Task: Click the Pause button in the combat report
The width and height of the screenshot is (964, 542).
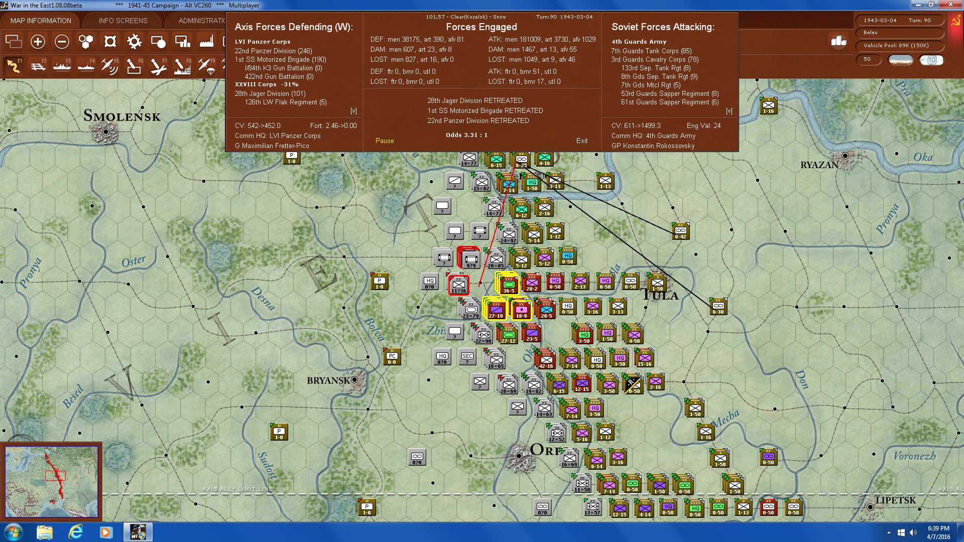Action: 385,141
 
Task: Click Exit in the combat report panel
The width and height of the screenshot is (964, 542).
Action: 582,141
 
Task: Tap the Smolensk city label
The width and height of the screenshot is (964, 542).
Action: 122,116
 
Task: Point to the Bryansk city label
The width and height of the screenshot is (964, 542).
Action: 328,380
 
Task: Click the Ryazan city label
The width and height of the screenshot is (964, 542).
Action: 819,165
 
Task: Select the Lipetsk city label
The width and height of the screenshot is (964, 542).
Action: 896,500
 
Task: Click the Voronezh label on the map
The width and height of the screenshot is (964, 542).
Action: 914,456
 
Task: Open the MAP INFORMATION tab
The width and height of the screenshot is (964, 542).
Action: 41,21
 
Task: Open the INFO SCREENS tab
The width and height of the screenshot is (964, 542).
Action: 123,21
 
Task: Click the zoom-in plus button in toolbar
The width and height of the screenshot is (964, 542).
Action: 38,42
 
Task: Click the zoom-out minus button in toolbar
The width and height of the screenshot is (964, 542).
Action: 62,42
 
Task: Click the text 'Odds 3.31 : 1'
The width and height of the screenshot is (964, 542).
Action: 466,135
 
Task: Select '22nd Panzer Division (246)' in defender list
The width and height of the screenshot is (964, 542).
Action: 273,51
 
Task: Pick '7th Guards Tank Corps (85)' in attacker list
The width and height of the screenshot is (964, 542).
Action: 651,51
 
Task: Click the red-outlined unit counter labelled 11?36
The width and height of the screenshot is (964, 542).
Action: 458,285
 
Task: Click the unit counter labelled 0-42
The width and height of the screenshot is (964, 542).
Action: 680,231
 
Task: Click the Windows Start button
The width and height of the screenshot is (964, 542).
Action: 13,532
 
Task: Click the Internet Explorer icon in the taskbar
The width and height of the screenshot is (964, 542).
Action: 75,532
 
